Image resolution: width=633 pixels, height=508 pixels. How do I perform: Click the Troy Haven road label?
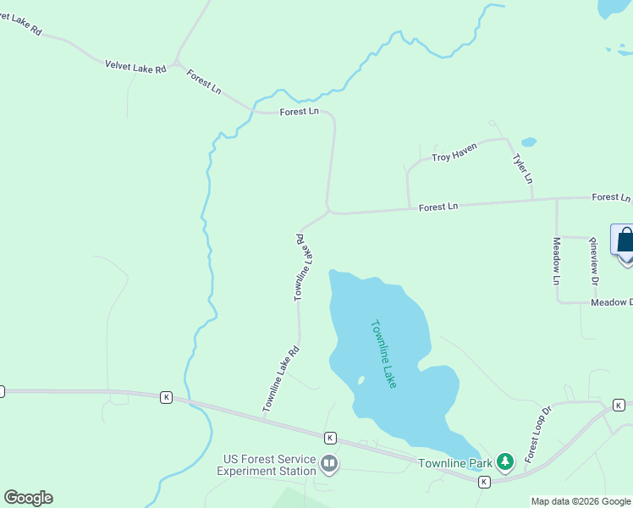pyautogui.click(x=454, y=152)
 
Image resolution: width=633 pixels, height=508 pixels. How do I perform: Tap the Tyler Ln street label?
pyautogui.click(x=523, y=168)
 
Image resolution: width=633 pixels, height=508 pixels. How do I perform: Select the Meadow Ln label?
pyautogui.click(x=557, y=261)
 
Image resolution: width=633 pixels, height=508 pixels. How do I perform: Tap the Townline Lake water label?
pyautogui.click(x=383, y=353)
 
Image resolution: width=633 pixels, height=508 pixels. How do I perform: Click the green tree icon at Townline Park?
pyautogui.click(x=505, y=461)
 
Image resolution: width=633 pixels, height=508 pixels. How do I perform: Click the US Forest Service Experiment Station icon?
pyautogui.click(x=329, y=463)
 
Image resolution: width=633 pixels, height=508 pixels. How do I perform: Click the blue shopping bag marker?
pyautogui.click(x=625, y=241)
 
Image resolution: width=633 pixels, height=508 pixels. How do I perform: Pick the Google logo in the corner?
pyautogui.click(x=28, y=498)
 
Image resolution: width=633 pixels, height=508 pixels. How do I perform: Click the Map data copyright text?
pyautogui.click(x=581, y=501)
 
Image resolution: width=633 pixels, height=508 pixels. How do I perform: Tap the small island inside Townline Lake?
pyautogui.click(x=361, y=380)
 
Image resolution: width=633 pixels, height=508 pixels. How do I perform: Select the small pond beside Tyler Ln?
pyautogui.click(x=529, y=141)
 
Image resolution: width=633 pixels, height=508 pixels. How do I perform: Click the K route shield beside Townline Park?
pyautogui.click(x=484, y=482)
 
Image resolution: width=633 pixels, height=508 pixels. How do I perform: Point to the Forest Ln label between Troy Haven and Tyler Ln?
pyautogui.click(x=438, y=206)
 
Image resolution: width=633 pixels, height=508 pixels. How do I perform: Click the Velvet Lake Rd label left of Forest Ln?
pyautogui.click(x=135, y=66)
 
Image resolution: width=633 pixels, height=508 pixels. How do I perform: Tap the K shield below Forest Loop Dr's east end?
pyautogui.click(x=619, y=404)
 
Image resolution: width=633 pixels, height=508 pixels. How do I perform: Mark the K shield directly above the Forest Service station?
pyautogui.click(x=330, y=438)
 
